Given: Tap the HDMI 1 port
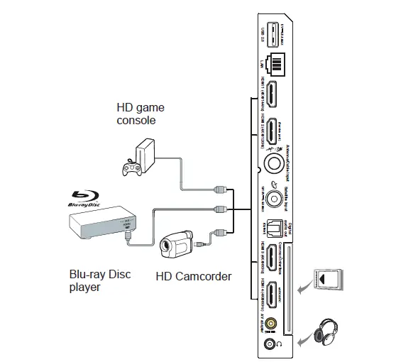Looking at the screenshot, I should [x=272, y=96].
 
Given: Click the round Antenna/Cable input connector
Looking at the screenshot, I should [x=272, y=163].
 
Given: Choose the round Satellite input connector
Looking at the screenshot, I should [x=272, y=193].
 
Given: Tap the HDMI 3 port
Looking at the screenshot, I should [x=272, y=259].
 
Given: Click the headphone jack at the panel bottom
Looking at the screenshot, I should [x=270, y=345].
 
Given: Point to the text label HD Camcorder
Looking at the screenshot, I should [x=193, y=276].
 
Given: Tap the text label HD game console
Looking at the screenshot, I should [x=140, y=114].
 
